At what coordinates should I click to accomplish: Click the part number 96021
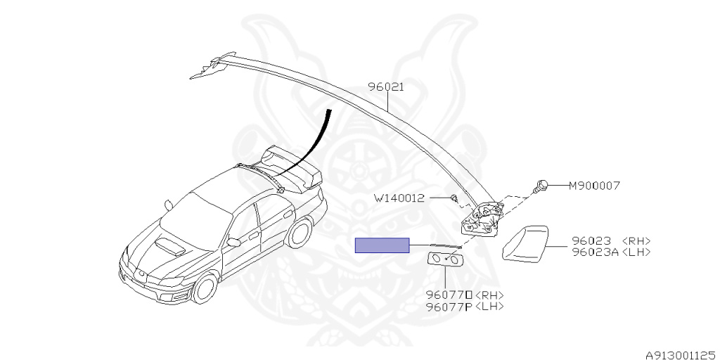point(386,87)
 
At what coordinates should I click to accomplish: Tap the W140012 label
point(399,198)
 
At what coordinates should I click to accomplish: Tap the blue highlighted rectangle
point(382,245)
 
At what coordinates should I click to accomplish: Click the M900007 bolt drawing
point(542,186)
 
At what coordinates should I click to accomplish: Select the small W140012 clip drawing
point(454,198)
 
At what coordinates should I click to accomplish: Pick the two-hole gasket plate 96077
point(446,261)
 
